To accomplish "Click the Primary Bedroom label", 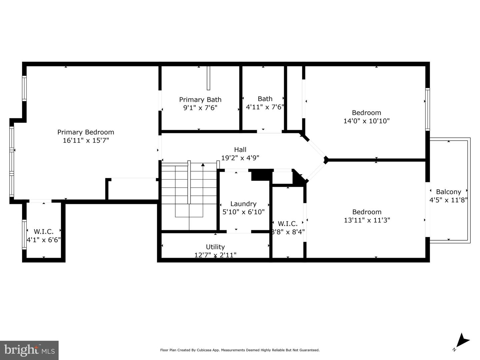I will pyautogui.click(x=86, y=132).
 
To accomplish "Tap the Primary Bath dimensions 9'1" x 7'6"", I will pyautogui.click(x=200, y=108).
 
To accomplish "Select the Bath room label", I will pyautogui.click(x=265, y=99).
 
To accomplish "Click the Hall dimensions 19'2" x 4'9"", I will pyautogui.click(x=240, y=158).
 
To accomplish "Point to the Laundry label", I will pyautogui.click(x=243, y=204).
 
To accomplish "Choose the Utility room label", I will pyautogui.click(x=215, y=247).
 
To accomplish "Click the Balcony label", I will pyautogui.click(x=448, y=192).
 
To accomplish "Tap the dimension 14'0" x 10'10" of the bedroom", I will pyautogui.click(x=366, y=121).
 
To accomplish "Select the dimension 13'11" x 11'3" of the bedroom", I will pyautogui.click(x=367, y=220).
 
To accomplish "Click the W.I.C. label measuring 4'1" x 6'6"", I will pyautogui.click(x=44, y=231).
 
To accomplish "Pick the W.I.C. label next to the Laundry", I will pyautogui.click(x=288, y=224).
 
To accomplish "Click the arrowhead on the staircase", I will pyautogui.click(x=203, y=164).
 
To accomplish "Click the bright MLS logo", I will pyautogui.click(x=29, y=350).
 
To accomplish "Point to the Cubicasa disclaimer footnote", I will pyautogui.click(x=240, y=350).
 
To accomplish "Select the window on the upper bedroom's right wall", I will pyautogui.click(x=427, y=109).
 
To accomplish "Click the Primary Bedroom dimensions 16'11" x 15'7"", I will pyautogui.click(x=86, y=140).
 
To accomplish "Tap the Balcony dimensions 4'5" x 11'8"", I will pyautogui.click(x=448, y=200).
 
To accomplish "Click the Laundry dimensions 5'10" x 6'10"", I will pyautogui.click(x=243, y=212).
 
